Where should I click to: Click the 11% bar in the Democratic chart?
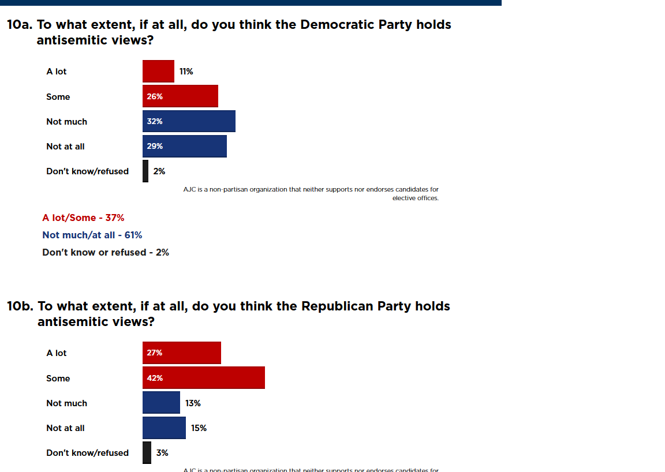click(158, 71)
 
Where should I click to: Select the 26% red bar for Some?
click(180, 96)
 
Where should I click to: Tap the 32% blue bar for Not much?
click(189, 121)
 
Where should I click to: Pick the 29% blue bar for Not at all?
click(185, 146)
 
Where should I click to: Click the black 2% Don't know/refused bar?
click(145, 171)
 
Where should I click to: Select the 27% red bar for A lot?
click(182, 353)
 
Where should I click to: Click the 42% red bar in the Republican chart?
click(204, 378)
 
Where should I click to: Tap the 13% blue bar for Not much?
click(161, 403)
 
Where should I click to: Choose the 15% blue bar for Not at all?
click(164, 428)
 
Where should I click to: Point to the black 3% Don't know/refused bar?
click(147, 452)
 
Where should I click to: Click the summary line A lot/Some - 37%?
click(83, 218)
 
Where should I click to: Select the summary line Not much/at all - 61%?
click(92, 235)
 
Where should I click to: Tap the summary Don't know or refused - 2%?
click(106, 252)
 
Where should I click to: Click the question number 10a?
click(20, 25)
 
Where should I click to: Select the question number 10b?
click(20, 306)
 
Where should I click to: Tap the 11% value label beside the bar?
click(186, 72)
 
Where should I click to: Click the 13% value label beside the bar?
click(193, 403)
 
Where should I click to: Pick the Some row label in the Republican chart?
click(58, 379)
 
